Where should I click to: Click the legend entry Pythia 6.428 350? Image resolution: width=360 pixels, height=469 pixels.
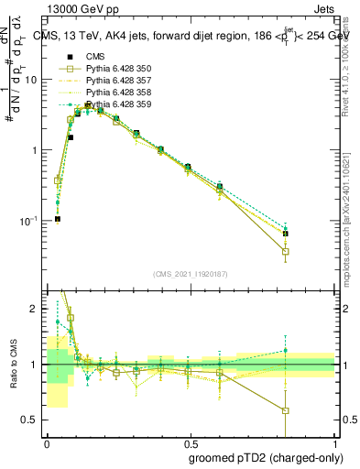pos(113,69)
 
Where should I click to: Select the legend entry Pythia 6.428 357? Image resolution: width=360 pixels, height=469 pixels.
pos(113,81)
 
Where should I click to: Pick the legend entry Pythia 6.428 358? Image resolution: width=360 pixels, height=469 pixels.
pos(113,93)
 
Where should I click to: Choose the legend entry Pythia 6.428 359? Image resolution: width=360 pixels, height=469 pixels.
pos(113,104)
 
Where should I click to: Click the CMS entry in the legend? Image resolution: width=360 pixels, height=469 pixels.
pos(95,57)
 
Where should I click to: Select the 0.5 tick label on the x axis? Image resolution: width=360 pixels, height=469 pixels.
pos(191,442)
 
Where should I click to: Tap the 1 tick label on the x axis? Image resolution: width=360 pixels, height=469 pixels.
pos(335,442)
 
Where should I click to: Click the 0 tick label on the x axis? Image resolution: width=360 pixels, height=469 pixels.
pos(46,442)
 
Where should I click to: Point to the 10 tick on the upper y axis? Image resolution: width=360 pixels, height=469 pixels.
pos(32,79)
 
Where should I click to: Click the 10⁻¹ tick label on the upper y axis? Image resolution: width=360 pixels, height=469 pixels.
pos(30,221)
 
